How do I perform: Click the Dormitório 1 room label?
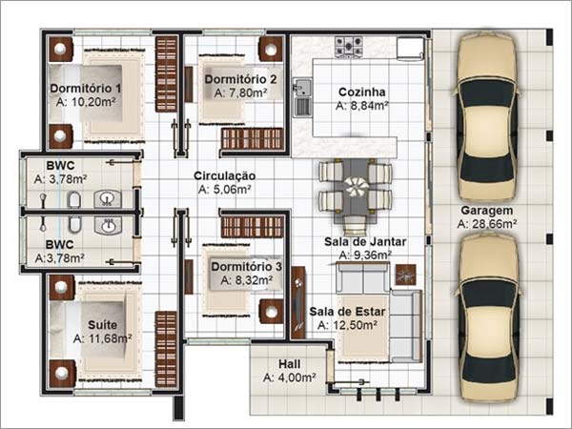click(x=86, y=89)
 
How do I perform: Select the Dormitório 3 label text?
click(x=246, y=267)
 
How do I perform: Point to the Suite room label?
click(x=103, y=324)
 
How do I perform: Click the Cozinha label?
click(x=361, y=92)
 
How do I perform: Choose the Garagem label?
click(x=486, y=210)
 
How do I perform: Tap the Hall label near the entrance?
click(x=290, y=364)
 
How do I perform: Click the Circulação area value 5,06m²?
click(x=225, y=190)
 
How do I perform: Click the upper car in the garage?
click(x=487, y=105)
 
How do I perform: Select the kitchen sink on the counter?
click(x=303, y=89)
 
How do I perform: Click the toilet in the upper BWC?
click(x=74, y=199)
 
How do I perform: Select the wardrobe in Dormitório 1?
click(x=167, y=73)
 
